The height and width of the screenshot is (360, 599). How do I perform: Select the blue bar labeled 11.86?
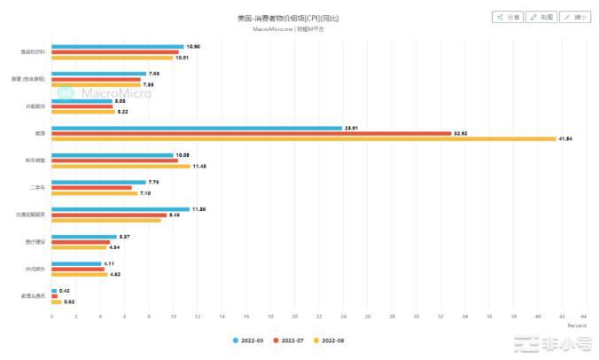[x=121, y=209]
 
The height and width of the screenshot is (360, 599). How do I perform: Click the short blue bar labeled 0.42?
[x=54, y=291]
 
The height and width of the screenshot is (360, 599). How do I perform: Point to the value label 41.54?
[x=564, y=139]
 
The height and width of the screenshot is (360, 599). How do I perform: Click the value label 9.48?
[x=175, y=215]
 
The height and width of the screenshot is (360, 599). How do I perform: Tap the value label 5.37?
[x=125, y=237]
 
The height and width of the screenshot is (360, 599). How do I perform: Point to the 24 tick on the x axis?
[x=343, y=317]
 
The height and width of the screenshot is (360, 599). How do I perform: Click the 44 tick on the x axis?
[x=585, y=317]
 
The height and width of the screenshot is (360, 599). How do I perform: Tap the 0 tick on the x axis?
[x=51, y=317]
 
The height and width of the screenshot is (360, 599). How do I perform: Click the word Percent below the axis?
[x=576, y=325]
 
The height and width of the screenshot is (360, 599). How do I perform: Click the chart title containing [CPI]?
[x=288, y=18]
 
